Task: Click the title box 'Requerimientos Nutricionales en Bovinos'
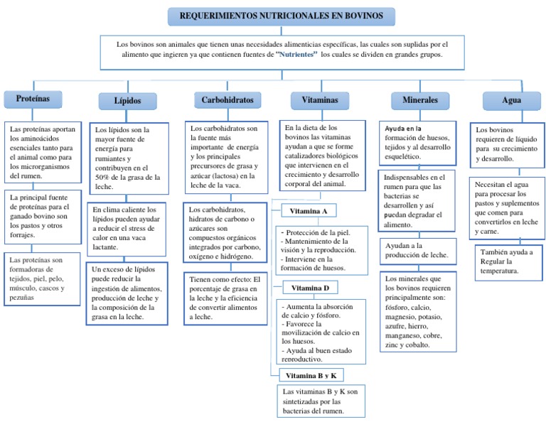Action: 282,16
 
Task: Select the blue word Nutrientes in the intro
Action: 296,54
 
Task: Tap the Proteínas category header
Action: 33,99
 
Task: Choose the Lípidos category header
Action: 127,101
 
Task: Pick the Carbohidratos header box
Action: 227,100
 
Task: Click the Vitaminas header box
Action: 320,100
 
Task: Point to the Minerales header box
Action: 420,100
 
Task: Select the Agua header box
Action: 512,101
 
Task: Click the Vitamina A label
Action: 309,211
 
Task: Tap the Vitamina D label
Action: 310,288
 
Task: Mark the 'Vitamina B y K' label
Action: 311,375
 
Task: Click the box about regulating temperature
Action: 509,263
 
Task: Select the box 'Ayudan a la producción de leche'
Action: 418,251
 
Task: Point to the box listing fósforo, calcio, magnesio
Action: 418,312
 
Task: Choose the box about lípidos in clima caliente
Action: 127,229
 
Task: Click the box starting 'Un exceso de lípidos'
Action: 127,293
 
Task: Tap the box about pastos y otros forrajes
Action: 43,217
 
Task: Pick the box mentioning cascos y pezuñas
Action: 42,279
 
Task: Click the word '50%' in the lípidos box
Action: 102,178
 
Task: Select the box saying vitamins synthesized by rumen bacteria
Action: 321,401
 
